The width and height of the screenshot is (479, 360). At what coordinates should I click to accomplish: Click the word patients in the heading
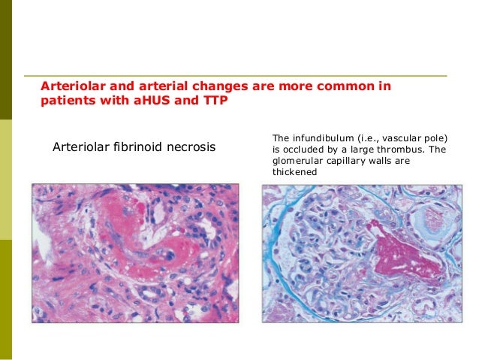coord(64,101)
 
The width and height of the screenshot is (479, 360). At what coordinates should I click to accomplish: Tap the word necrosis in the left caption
coord(188,147)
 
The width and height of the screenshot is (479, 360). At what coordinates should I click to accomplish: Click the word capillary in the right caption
coord(350,161)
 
